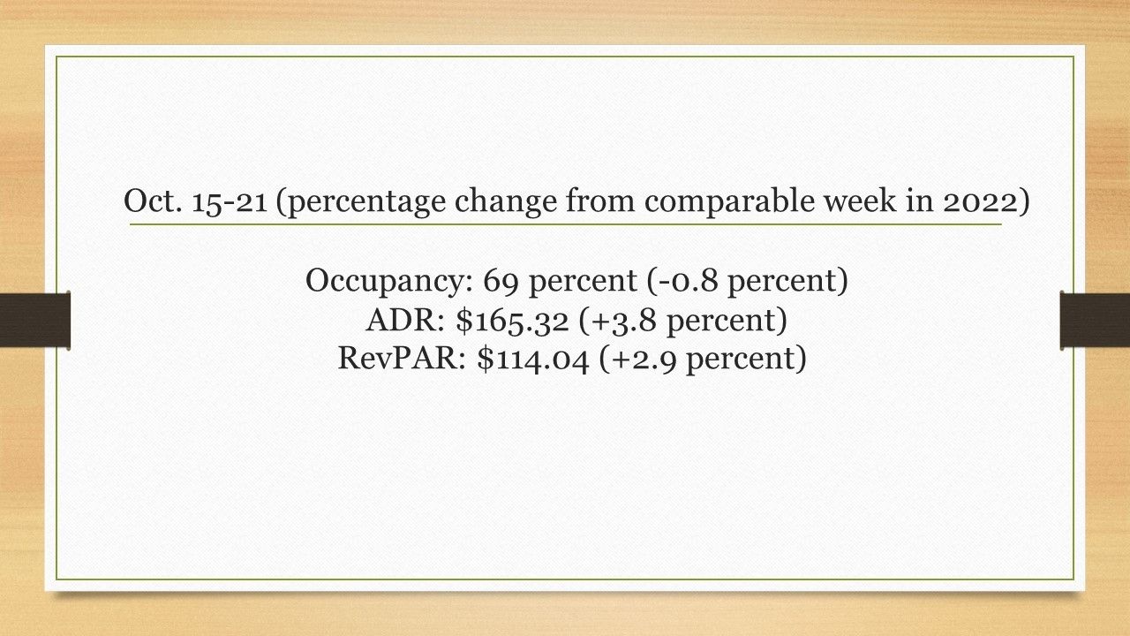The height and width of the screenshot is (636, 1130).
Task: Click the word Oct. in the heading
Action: pyautogui.click(x=153, y=201)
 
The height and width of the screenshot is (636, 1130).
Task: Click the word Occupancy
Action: pyautogui.click(x=389, y=282)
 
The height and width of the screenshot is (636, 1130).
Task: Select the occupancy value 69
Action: pyautogui.click(x=501, y=281)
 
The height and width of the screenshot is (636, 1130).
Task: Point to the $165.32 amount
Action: pyautogui.click(x=512, y=321)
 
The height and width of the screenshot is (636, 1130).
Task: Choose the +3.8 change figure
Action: pyautogui.click(x=622, y=321)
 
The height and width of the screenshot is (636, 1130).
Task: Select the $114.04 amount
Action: pyautogui.click(x=533, y=360)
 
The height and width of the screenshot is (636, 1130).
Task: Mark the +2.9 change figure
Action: pyautogui.click(x=643, y=360)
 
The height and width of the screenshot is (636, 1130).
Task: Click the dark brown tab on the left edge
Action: pyautogui.click(x=34, y=320)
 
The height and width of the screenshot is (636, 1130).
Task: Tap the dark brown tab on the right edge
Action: pyautogui.click(x=1095, y=320)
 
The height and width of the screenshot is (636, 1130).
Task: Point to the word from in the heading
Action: pyautogui.click(x=599, y=200)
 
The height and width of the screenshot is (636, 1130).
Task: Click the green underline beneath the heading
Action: pyautogui.click(x=566, y=224)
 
